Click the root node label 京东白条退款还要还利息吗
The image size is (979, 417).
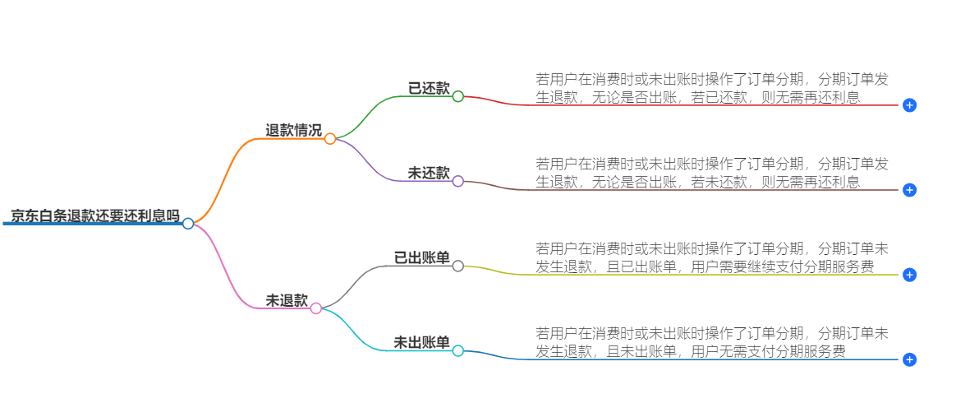point(94,216)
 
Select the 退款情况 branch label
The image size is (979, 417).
point(293,130)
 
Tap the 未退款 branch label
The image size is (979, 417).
point(287,301)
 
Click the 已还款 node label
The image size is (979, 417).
point(429,88)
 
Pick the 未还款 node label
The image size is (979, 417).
point(429,173)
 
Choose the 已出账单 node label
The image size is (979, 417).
point(422,258)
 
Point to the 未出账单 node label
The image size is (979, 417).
point(422,343)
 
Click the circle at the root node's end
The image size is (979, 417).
point(188,224)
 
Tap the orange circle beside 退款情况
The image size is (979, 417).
point(330,139)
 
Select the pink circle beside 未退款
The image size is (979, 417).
point(316,308)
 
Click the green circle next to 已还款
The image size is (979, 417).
point(458,96)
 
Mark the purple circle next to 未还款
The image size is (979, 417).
point(458,181)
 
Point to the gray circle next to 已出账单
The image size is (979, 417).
point(458,266)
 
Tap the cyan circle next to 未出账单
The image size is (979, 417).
point(458,351)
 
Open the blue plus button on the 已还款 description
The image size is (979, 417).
point(909,105)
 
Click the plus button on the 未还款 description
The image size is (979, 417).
point(909,190)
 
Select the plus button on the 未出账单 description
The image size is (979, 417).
point(909,359)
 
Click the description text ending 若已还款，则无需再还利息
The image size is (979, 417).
point(711,88)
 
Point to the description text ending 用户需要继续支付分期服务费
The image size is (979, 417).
point(711,257)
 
